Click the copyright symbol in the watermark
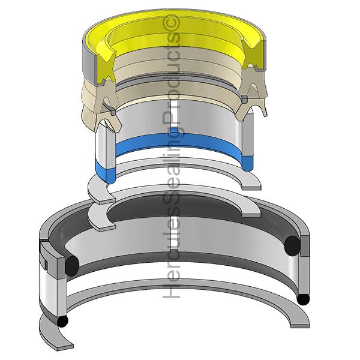click(x=171, y=23)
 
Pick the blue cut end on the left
click(x=104, y=172)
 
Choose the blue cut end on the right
click(x=247, y=163)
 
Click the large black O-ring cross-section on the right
click(x=292, y=245)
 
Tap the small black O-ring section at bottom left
click(x=62, y=322)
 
